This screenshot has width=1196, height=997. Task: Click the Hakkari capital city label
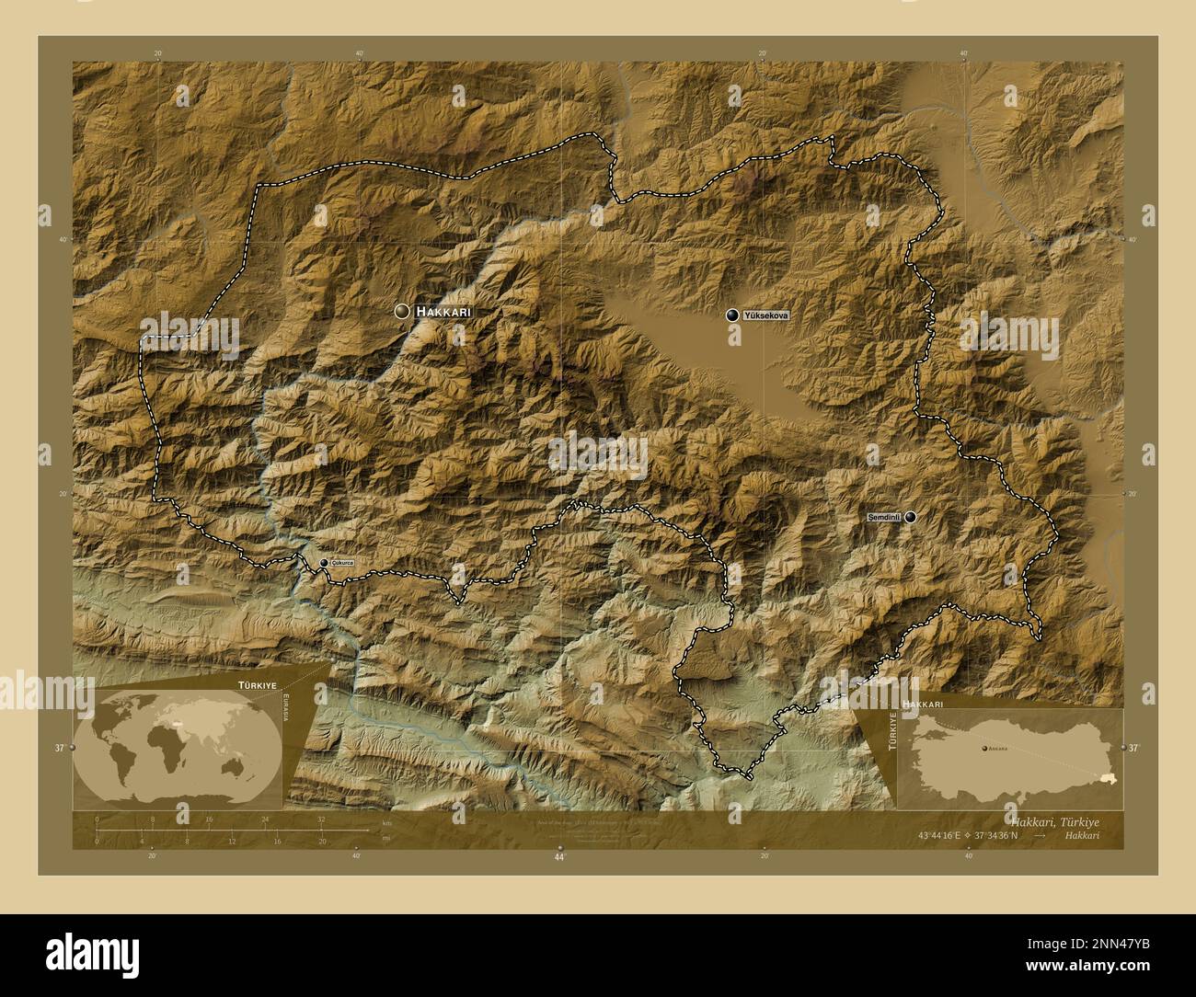(443, 312)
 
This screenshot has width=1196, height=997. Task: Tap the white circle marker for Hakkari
(402, 312)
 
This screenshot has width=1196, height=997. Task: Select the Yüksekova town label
(765, 315)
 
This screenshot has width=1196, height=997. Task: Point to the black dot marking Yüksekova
(732, 315)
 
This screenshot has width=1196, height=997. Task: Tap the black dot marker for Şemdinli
(910, 518)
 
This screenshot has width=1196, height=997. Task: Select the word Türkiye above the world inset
(258, 686)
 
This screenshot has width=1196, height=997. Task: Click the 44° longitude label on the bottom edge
(558, 856)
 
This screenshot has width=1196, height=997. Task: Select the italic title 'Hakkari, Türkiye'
(1053, 820)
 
